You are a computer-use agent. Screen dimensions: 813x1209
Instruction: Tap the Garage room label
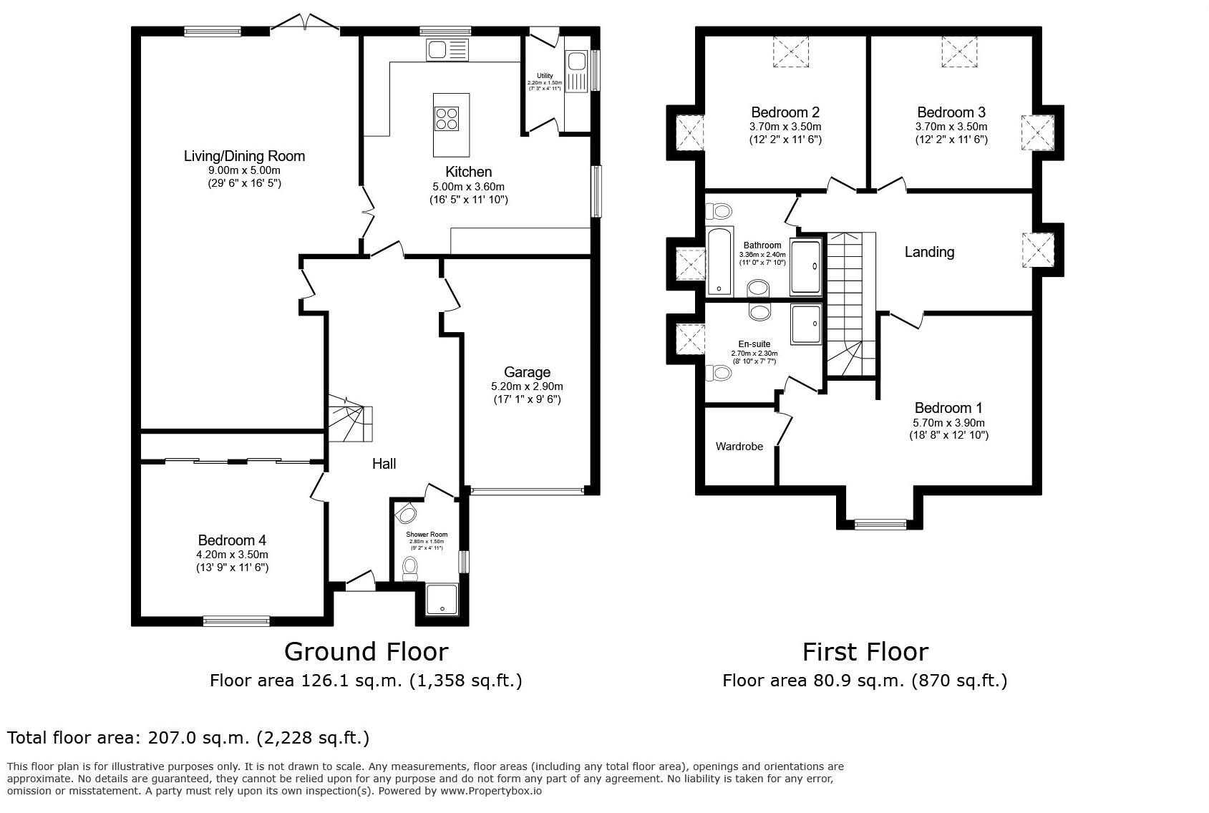pos(527,372)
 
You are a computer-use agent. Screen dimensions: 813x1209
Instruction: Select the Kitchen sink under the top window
pos(447,50)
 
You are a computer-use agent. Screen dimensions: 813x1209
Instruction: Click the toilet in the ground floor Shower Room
pos(410,568)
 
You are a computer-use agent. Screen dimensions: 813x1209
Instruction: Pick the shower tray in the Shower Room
pos(442,600)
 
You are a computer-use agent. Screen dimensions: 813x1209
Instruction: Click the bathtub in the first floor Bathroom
pos(719,262)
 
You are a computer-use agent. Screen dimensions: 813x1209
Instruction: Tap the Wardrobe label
pos(739,447)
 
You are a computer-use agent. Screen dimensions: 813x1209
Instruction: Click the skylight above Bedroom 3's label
pos(959,52)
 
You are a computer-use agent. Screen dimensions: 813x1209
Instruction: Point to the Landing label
pos(929,252)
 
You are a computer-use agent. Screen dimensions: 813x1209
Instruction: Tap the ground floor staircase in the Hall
pos(350,422)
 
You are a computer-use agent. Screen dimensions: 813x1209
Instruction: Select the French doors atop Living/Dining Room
pos(307,24)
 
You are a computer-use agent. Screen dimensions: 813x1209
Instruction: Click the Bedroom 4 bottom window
pos(236,620)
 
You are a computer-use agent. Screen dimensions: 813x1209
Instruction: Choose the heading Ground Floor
pos(366,651)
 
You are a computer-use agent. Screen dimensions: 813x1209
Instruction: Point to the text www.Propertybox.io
pos(490,791)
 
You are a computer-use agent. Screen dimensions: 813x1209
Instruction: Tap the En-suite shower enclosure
pos(807,324)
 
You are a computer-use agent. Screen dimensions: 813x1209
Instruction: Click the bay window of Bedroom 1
pos(880,525)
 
